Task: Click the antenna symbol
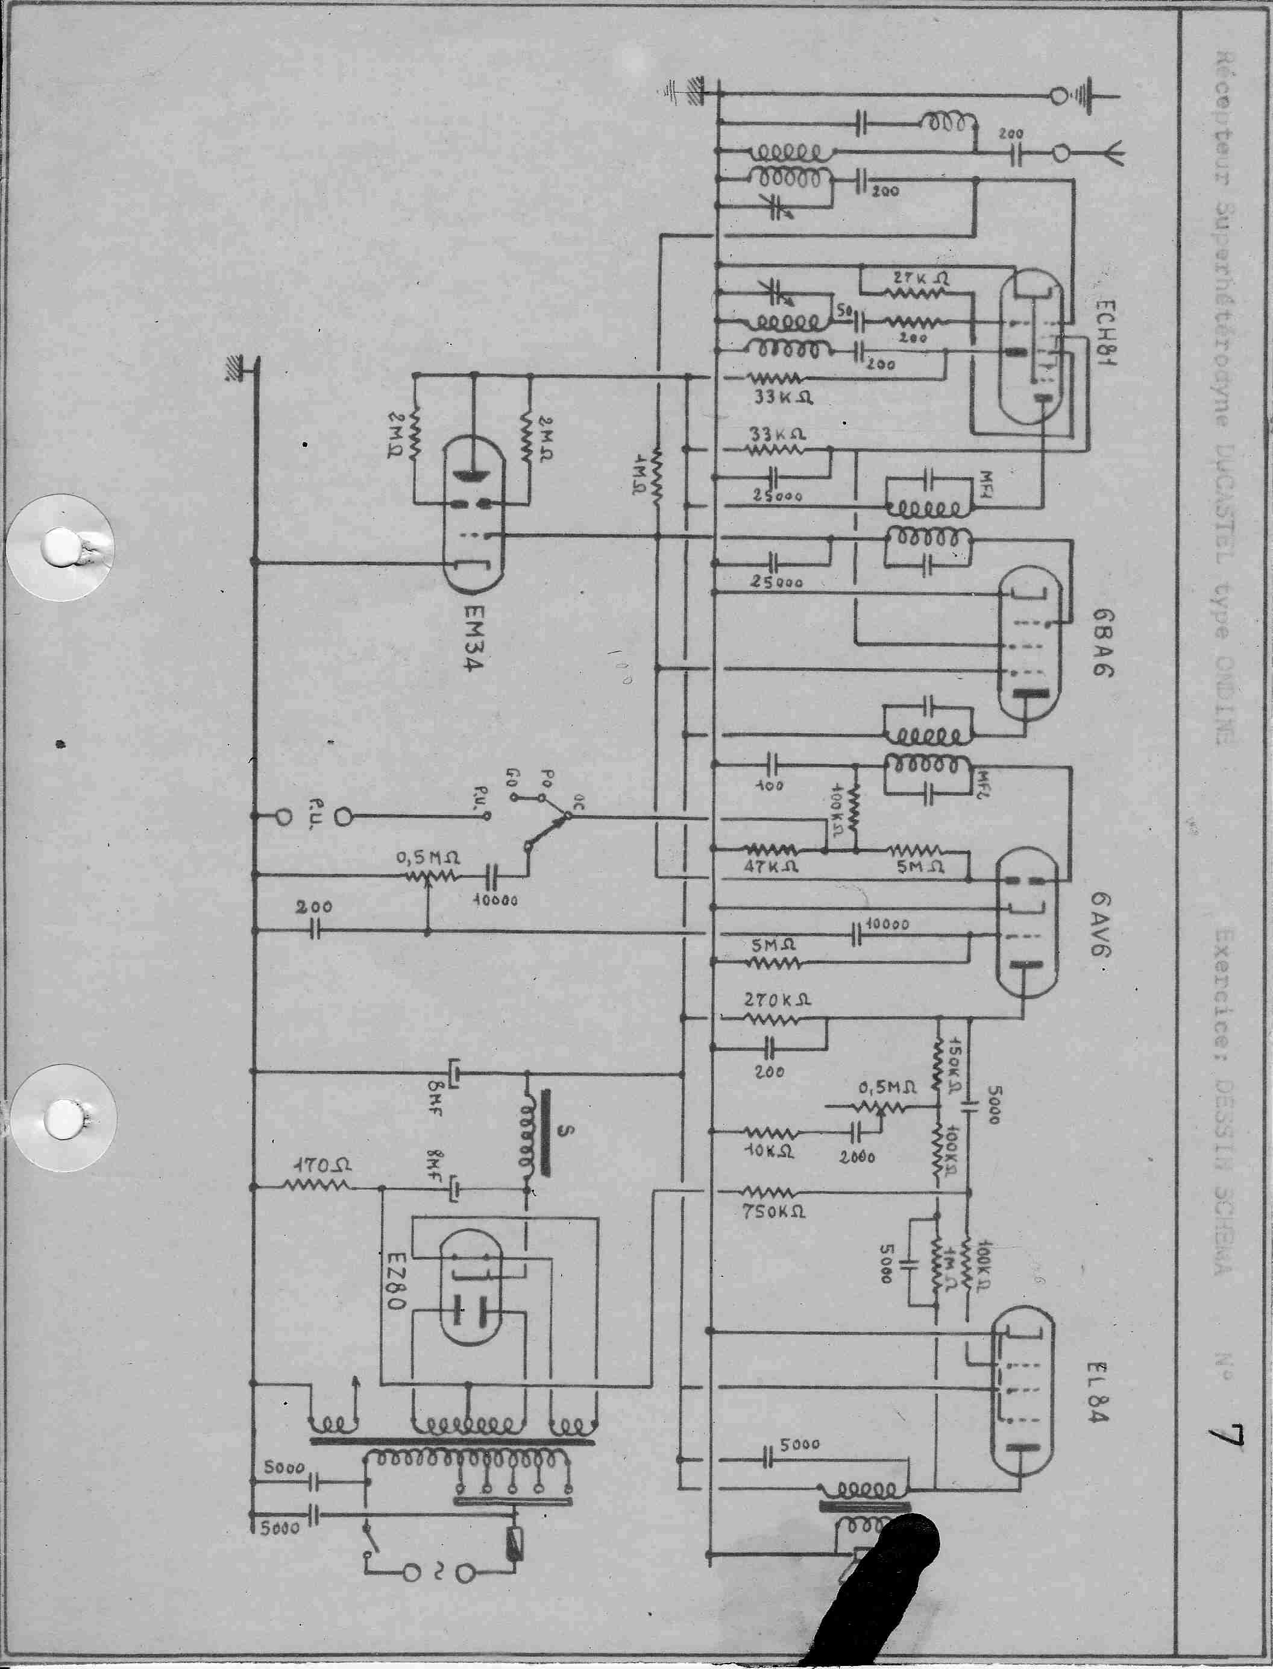click(x=1112, y=154)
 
